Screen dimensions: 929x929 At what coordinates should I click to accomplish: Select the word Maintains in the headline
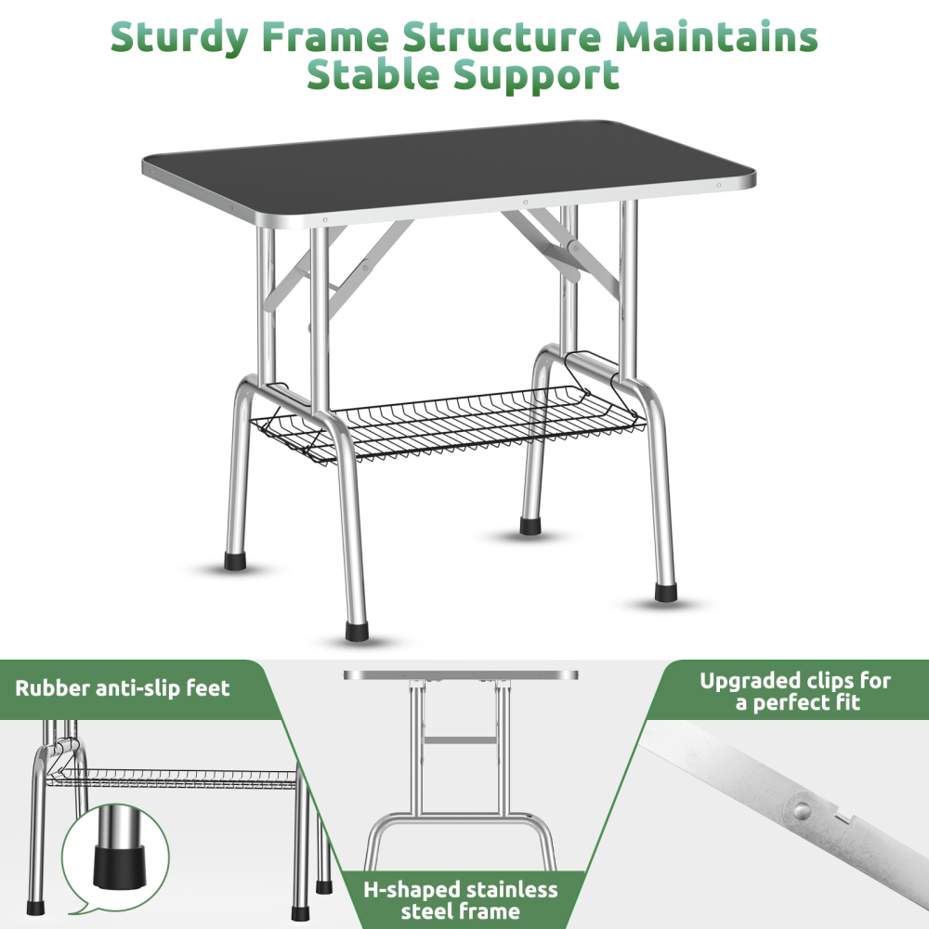(x=718, y=37)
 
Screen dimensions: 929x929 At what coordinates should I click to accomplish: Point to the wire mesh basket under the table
(x=446, y=423)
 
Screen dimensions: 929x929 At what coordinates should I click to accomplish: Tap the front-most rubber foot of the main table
(x=356, y=632)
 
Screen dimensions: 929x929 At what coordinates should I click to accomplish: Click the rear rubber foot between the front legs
(x=530, y=525)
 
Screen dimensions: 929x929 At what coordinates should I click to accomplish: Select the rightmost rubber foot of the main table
(x=665, y=591)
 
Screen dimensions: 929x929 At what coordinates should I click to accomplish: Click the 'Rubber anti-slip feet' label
(x=122, y=688)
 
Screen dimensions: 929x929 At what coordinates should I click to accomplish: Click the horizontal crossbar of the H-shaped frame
(x=460, y=739)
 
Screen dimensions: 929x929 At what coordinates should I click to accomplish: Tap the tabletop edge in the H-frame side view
(x=460, y=675)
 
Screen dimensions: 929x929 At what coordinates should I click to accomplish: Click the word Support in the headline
(x=536, y=74)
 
